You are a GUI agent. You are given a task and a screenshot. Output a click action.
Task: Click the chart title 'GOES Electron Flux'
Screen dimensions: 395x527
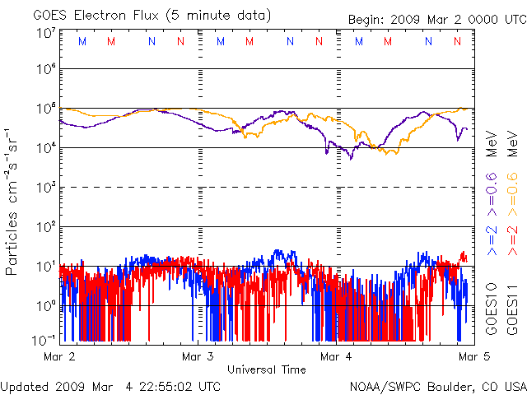click(88, 15)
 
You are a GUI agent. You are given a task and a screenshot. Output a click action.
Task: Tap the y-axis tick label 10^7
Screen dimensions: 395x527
click(45, 33)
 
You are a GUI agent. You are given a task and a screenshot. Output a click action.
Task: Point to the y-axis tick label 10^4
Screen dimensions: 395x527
click(45, 148)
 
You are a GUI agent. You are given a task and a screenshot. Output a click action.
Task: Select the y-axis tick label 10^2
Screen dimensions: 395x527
click(45, 226)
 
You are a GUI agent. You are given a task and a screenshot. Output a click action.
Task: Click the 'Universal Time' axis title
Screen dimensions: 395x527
click(266, 369)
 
